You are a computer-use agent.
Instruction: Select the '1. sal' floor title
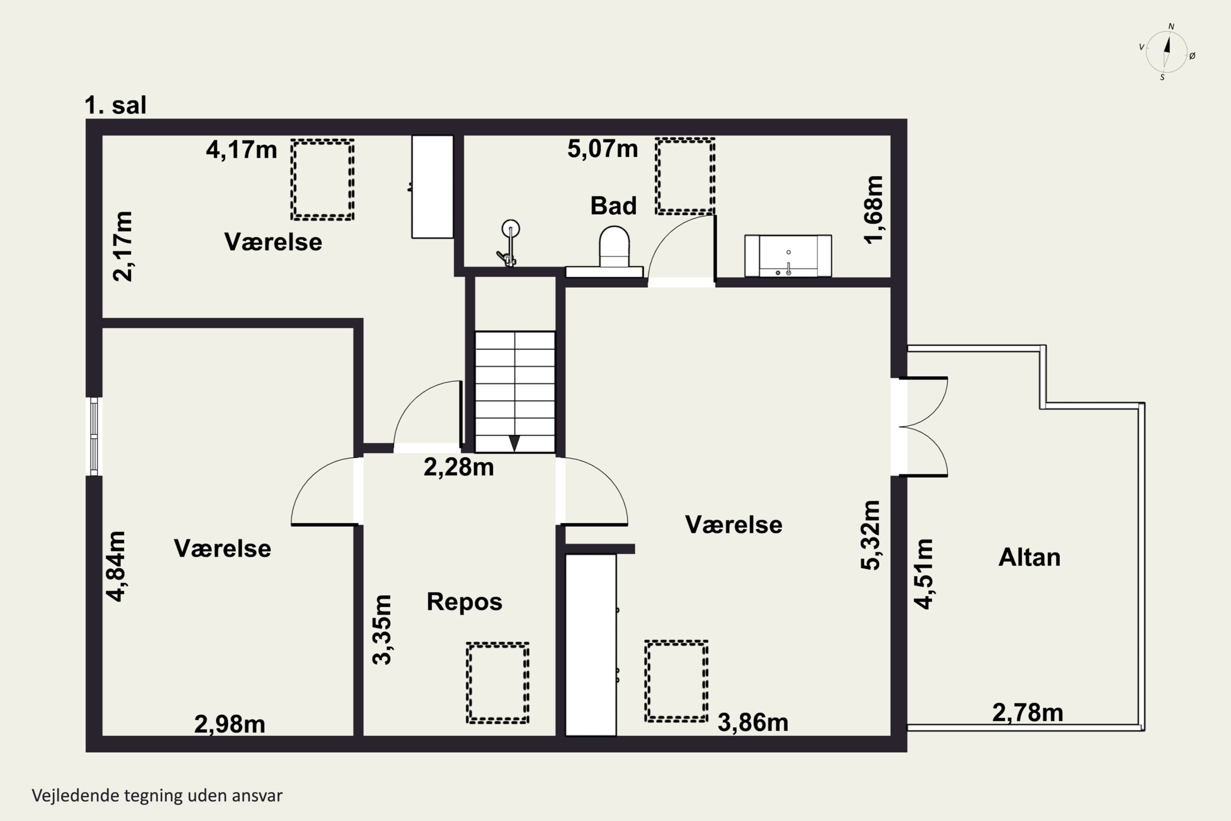click(x=116, y=105)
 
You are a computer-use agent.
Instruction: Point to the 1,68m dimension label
click(x=874, y=210)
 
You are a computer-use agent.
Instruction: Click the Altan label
click(x=1030, y=557)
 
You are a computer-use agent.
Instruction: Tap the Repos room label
click(x=464, y=602)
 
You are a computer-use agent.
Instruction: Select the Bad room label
click(x=613, y=206)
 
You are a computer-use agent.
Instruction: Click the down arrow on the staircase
click(x=515, y=443)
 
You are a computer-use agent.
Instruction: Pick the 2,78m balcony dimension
click(x=1028, y=713)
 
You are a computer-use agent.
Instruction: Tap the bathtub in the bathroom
click(x=788, y=255)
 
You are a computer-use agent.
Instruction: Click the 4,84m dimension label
click(x=116, y=566)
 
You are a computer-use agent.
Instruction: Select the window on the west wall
click(x=94, y=436)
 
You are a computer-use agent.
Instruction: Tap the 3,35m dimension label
click(x=382, y=630)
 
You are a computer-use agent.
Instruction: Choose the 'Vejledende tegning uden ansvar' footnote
click(x=157, y=796)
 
